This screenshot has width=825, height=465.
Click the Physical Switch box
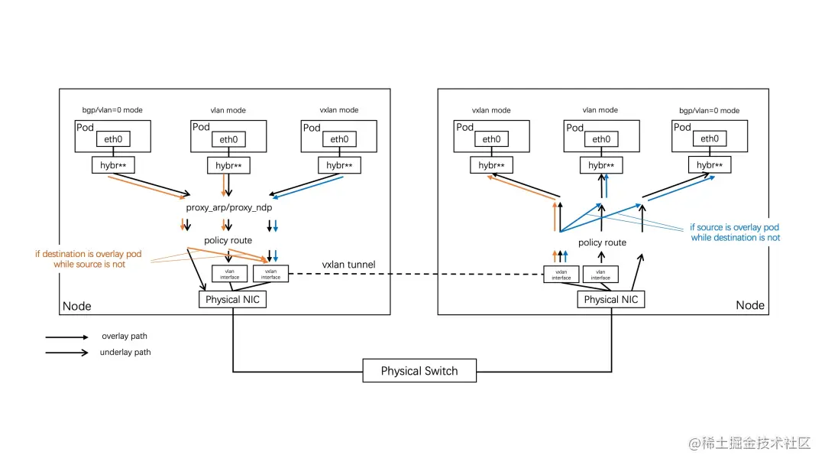pos(419,371)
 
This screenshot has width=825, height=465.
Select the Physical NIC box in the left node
pos(233,299)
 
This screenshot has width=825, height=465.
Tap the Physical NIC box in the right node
pos(610,299)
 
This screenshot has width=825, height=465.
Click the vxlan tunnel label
pos(348,265)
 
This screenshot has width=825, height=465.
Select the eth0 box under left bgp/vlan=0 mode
pos(112,139)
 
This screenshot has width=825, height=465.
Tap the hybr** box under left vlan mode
pos(228,165)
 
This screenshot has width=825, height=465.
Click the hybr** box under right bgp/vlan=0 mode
pos(710,164)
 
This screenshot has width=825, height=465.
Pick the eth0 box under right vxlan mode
pos(492,139)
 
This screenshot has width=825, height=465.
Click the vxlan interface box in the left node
pos(270,274)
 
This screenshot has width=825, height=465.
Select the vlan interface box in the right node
pos(600,274)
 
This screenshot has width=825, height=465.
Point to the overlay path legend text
pos(125,337)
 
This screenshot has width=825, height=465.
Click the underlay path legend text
pos(125,353)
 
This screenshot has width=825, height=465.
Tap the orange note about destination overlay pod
pos(89,259)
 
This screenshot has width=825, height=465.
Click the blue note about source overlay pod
pos(735,232)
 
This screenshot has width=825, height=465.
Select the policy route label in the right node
pos(602,242)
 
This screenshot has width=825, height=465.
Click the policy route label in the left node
pos(228,240)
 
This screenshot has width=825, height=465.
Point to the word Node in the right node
pos(749,304)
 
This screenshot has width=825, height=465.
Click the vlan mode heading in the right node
pos(600,110)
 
